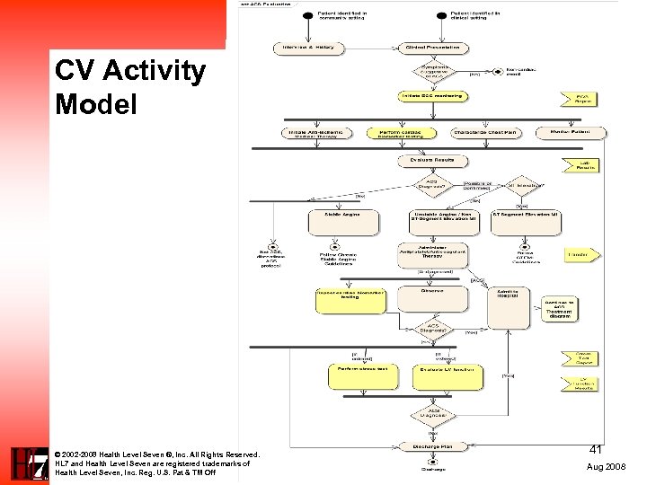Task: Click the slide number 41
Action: click(x=595, y=448)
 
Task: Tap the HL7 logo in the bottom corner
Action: click(x=25, y=463)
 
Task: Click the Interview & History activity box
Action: click(x=308, y=48)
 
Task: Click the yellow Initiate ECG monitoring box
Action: click(x=431, y=96)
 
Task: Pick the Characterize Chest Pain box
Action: click(x=485, y=133)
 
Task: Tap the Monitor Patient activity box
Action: click(x=572, y=133)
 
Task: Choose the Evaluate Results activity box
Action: click(x=432, y=161)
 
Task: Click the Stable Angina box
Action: click(x=344, y=222)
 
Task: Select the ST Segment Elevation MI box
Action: click(x=526, y=222)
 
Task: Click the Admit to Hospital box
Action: click(x=509, y=307)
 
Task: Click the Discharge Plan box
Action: click(x=432, y=446)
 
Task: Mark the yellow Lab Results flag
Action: click(x=581, y=164)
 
